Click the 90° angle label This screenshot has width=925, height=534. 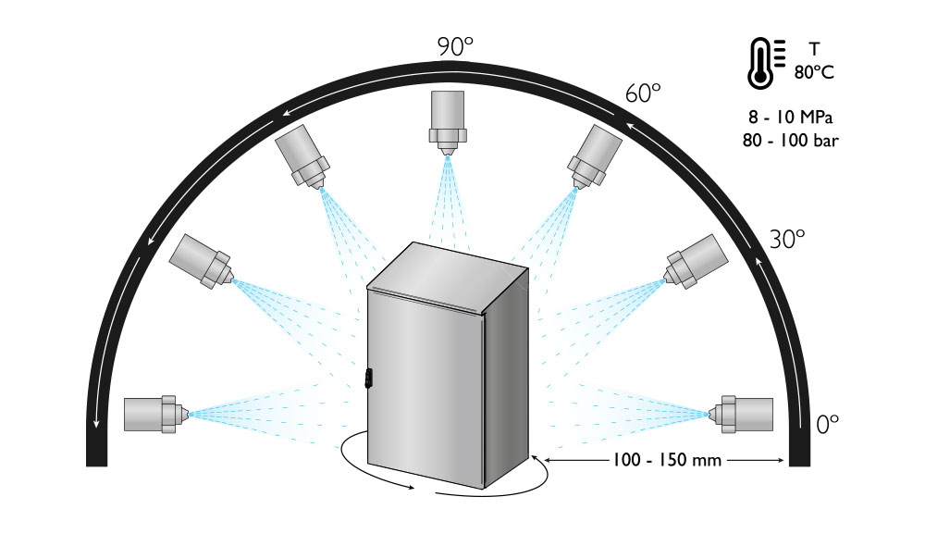pos(456,47)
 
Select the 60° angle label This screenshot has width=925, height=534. pos(644,93)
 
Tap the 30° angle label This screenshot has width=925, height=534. pos(788,239)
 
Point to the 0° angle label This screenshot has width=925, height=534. pos(828,424)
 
